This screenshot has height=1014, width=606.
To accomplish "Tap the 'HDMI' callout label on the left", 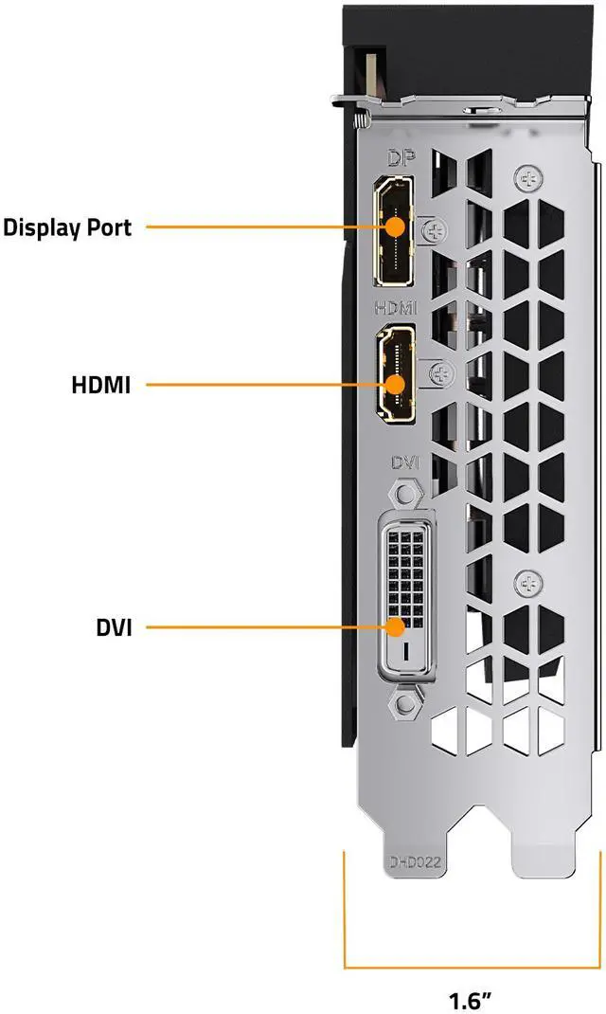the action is [x=100, y=385].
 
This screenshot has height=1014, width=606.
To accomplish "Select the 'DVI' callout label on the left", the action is [x=113, y=626].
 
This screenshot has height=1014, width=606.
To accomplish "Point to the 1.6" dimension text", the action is [x=471, y=998].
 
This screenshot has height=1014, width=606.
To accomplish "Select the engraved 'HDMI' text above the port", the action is [x=395, y=308].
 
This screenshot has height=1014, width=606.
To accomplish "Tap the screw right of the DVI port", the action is [x=526, y=583].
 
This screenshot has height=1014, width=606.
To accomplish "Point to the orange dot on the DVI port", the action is [x=397, y=626].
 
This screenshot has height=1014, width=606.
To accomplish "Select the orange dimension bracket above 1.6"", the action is [x=471, y=967].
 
